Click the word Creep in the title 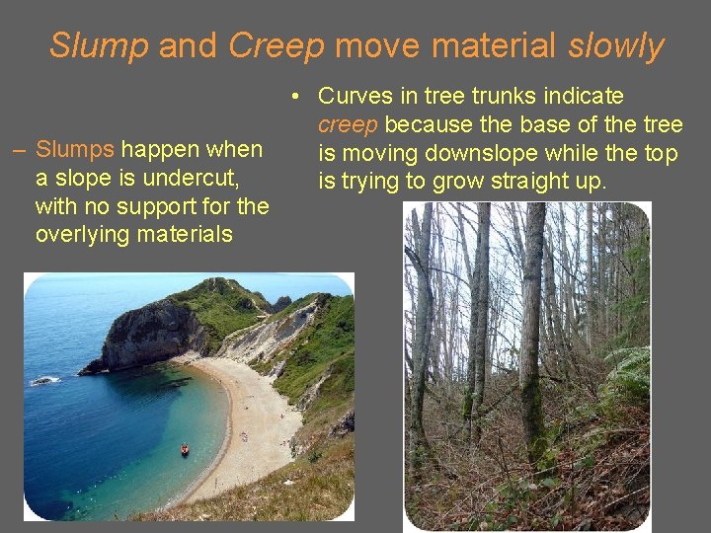tap(276, 45)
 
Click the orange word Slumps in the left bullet tap(75, 151)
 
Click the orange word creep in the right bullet tap(348, 125)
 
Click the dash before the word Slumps tap(19, 151)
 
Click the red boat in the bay tap(184, 450)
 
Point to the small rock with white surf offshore tap(42, 381)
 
